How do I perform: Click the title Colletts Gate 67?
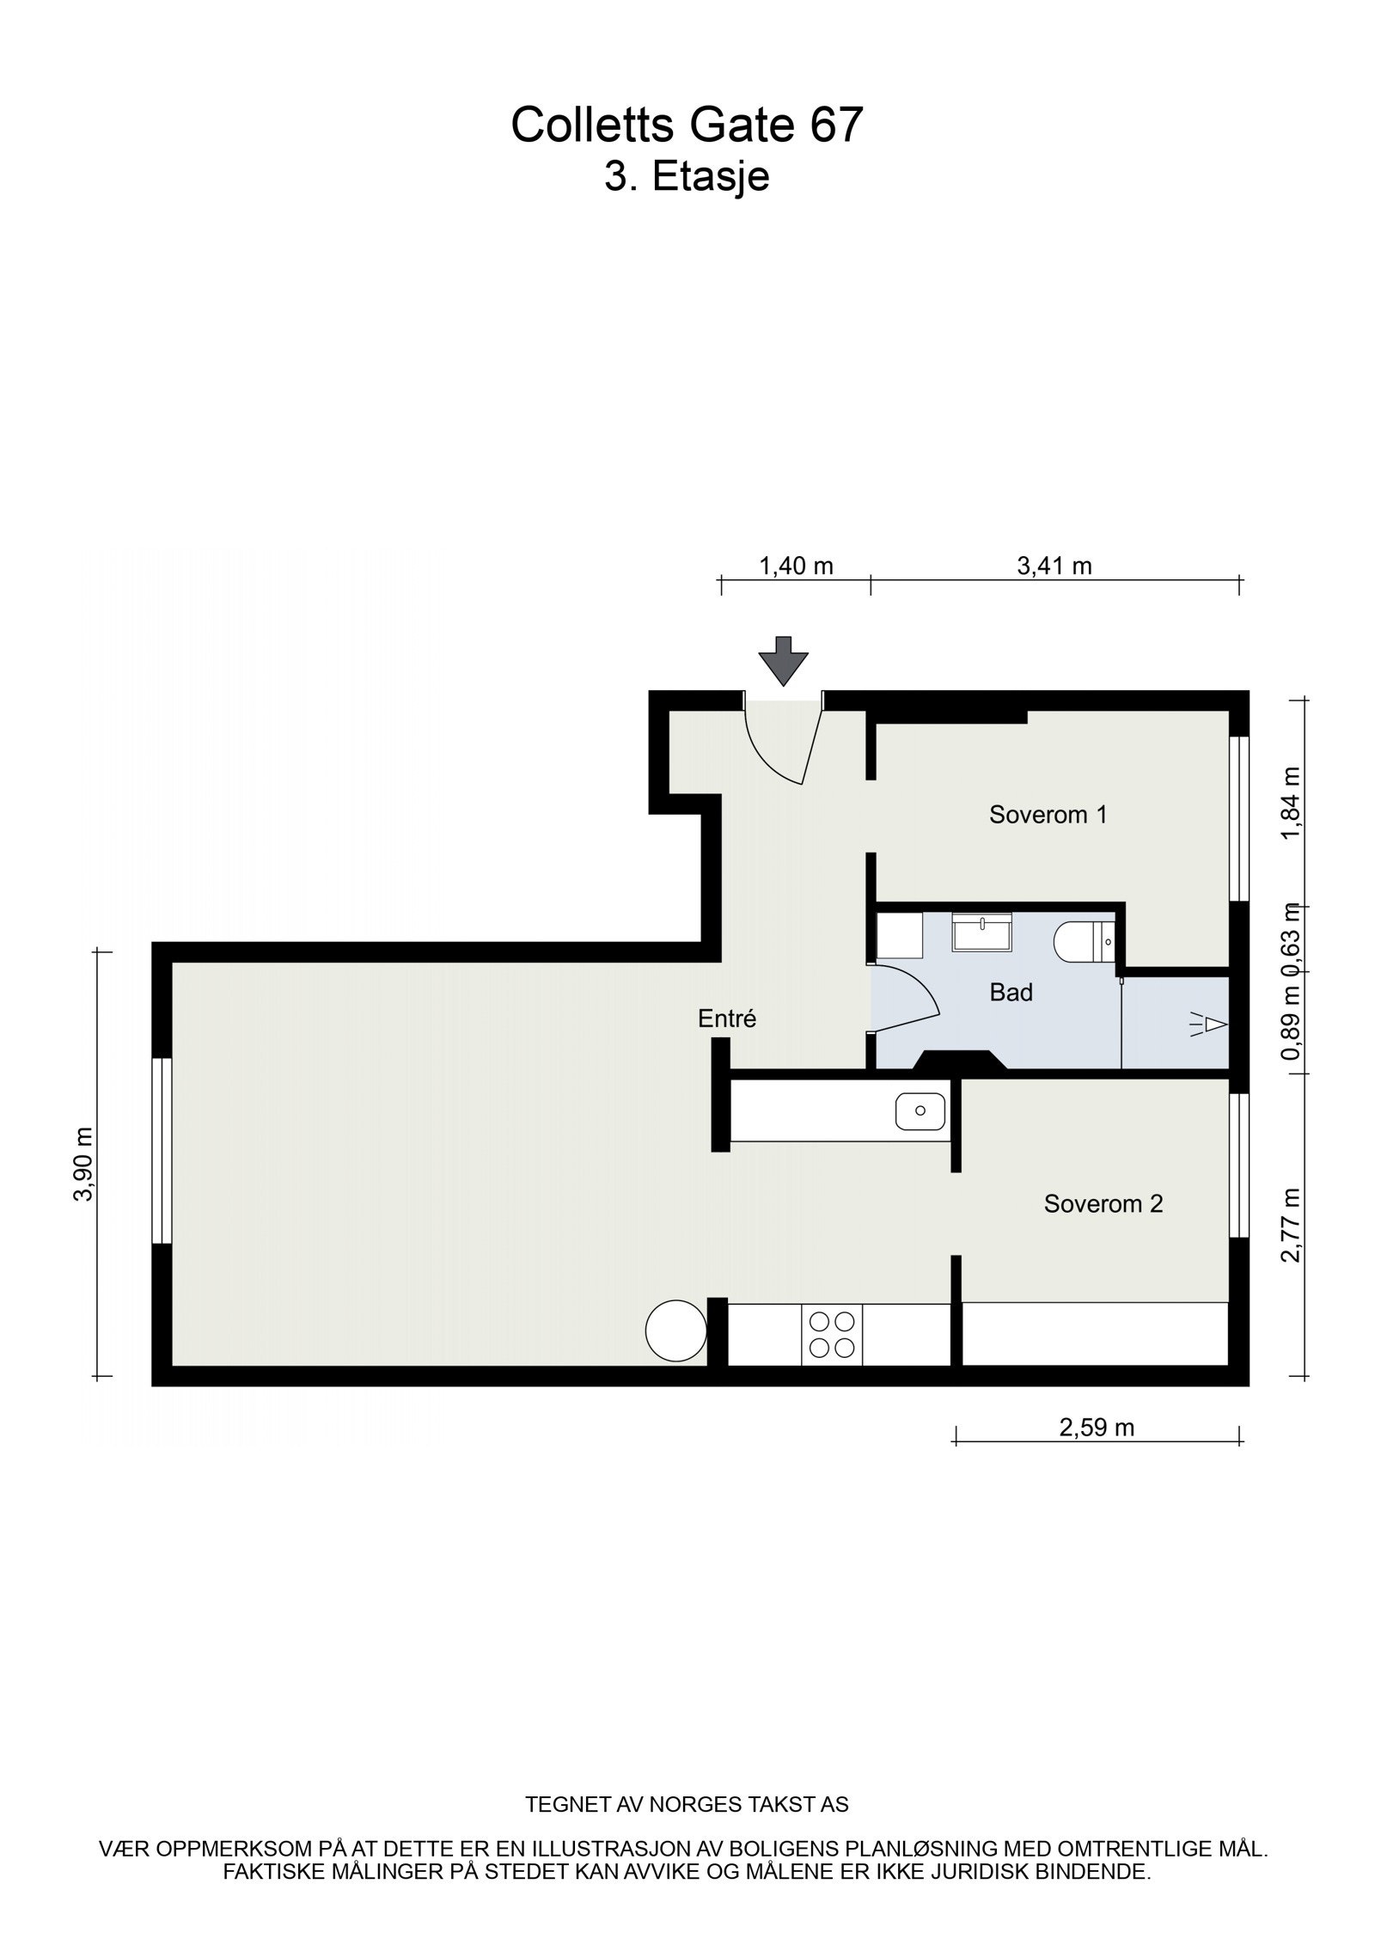(x=686, y=125)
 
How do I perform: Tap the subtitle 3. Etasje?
(x=686, y=177)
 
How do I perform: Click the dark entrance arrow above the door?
(x=783, y=661)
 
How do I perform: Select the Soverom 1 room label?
(x=1048, y=814)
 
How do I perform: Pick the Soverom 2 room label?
(x=1103, y=1204)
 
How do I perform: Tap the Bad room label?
(x=1011, y=993)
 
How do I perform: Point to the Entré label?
(x=726, y=1018)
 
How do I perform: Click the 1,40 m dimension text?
(x=795, y=566)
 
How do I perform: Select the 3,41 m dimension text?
(x=1054, y=566)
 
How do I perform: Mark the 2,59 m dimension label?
(x=1096, y=1428)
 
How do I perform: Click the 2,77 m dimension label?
(x=1290, y=1224)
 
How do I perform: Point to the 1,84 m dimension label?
(x=1290, y=804)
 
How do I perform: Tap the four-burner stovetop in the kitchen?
(x=832, y=1334)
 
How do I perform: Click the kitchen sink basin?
(x=920, y=1111)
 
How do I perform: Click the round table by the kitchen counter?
(x=675, y=1330)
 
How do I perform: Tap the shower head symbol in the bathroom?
(x=1210, y=1024)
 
